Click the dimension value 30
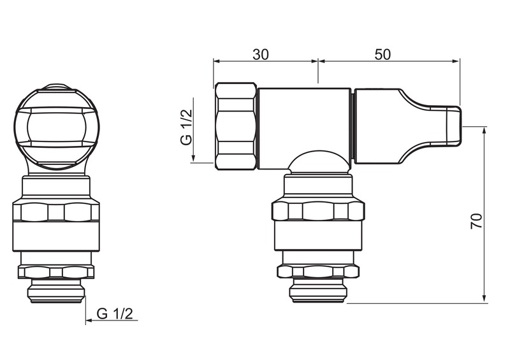261,55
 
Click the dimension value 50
382,55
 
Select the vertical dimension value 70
476,221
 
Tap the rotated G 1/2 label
187,127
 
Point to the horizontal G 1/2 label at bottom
115,314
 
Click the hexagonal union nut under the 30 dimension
235,126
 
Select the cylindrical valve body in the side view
304,129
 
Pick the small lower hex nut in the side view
318,271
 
